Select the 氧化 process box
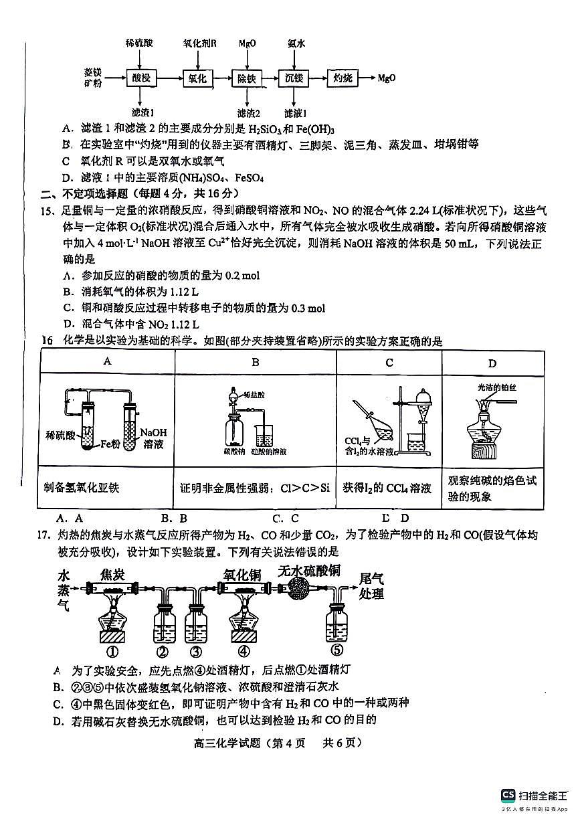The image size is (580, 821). (197, 78)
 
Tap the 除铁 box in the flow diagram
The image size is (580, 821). (247, 78)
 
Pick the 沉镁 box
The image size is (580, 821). (294, 78)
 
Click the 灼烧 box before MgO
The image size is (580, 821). (343, 78)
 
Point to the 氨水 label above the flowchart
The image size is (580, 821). (296, 43)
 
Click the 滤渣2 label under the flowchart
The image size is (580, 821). (248, 112)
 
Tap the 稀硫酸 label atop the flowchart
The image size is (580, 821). (139, 43)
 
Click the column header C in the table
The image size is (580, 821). (389, 363)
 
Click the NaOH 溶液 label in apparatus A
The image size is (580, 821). (154, 438)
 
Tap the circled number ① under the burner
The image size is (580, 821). (112, 652)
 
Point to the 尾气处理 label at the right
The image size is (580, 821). (371, 586)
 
